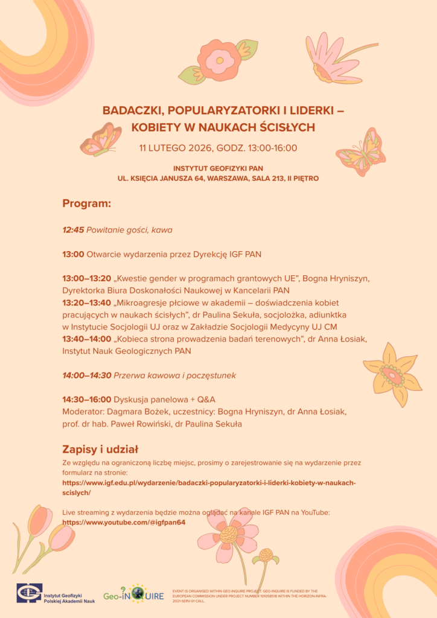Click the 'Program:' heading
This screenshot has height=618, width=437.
(x=87, y=203)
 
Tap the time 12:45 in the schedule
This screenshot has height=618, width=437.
(x=73, y=230)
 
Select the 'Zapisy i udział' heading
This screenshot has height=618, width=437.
(x=100, y=449)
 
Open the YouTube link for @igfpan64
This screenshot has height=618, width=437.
(x=124, y=522)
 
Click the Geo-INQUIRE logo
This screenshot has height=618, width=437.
(x=133, y=594)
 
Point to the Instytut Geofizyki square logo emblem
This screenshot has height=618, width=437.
(x=29, y=594)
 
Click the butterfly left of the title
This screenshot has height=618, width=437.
(x=101, y=139)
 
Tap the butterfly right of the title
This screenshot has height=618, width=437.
(x=362, y=151)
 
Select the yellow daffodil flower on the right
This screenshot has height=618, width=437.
(x=392, y=375)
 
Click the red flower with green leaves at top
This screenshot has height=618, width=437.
(x=218, y=60)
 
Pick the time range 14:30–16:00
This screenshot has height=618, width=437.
(x=87, y=400)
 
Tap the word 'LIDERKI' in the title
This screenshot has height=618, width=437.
(x=310, y=110)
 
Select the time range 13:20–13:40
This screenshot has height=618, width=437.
(x=87, y=302)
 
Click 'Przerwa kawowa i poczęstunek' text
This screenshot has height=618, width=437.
(x=175, y=375)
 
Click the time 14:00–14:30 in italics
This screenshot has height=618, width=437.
(x=87, y=375)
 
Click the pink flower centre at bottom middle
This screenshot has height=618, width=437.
(x=229, y=535)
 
